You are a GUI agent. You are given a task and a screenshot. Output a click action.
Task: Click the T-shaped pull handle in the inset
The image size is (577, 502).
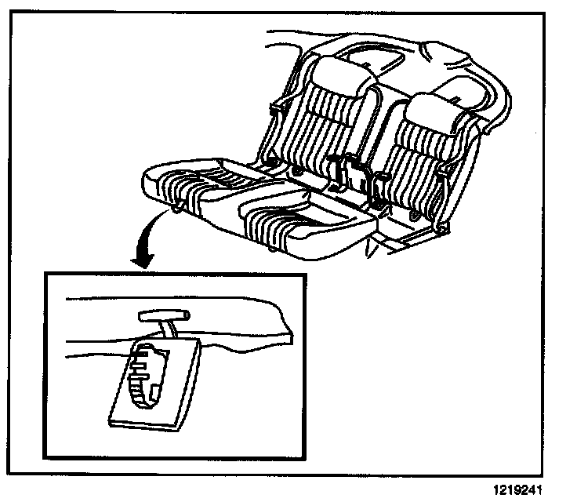click(x=164, y=315)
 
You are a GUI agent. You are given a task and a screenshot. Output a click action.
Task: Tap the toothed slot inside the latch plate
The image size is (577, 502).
click(x=146, y=372)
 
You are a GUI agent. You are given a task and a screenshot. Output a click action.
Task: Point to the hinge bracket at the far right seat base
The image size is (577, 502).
click(x=441, y=227)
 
